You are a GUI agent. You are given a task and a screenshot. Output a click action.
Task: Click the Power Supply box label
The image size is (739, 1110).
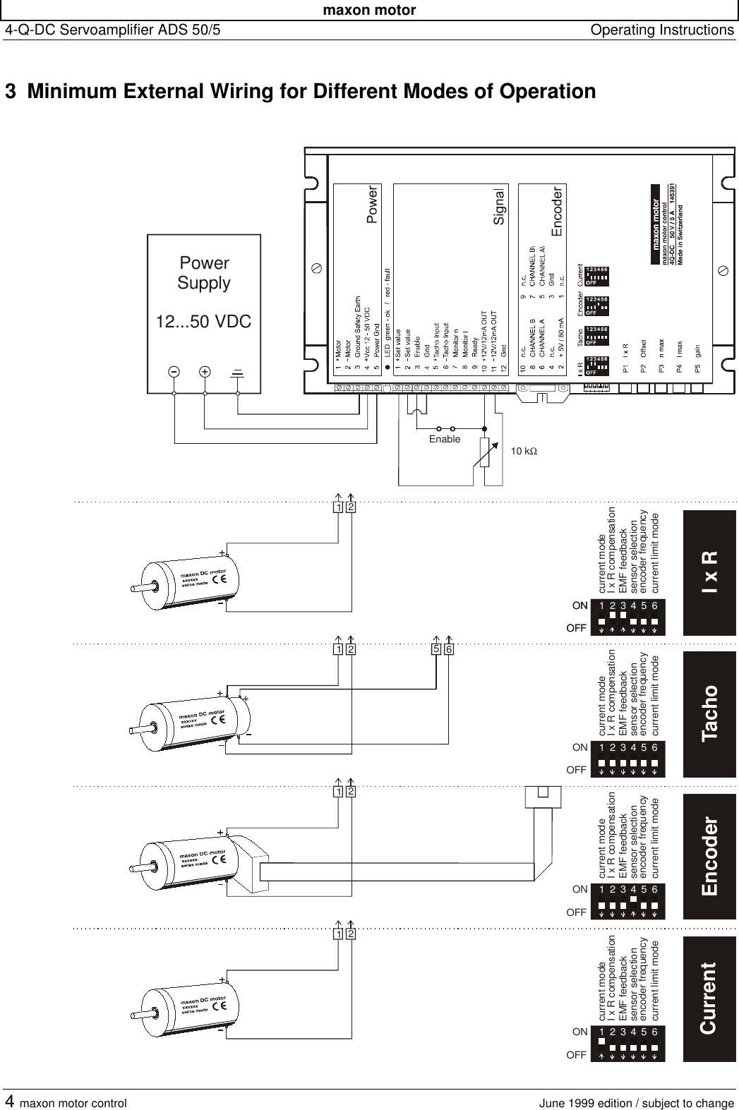click(203, 273)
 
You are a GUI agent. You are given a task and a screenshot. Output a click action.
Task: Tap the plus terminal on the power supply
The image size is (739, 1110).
click(205, 371)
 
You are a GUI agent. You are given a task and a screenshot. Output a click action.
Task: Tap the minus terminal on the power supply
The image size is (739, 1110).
click(173, 371)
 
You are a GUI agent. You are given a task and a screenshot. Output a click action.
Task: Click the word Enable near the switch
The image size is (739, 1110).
click(445, 440)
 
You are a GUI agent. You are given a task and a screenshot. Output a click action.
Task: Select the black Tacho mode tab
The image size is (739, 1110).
click(709, 713)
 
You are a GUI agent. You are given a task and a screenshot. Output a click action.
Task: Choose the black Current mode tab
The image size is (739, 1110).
click(709, 998)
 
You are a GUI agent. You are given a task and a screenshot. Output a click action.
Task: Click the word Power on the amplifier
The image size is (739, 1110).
click(373, 205)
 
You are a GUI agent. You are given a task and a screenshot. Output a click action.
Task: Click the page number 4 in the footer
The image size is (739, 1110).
click(10, 1102)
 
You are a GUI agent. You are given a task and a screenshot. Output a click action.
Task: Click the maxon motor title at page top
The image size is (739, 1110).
click(369, 10)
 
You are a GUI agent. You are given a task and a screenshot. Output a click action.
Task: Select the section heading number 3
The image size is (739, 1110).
click(11, 92)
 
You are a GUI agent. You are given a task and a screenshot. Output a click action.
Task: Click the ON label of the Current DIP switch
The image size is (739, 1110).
click(580, 1032)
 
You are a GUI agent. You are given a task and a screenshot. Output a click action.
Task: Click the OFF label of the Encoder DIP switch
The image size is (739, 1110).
click(577, 912)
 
